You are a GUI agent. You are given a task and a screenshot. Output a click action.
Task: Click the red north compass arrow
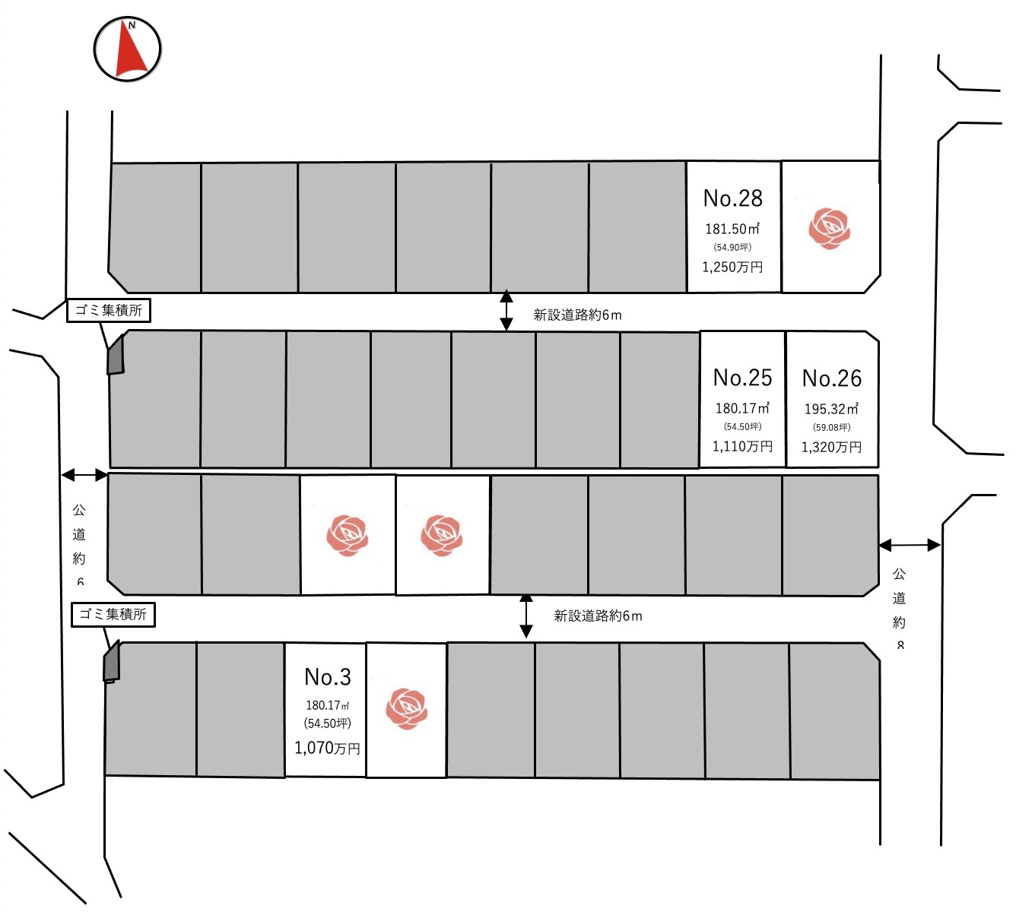[x=130, y=50]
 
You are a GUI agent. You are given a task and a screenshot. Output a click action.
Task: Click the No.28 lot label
[x=732, y=198]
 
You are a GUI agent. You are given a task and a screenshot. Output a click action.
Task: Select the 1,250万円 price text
[x=732, y=267]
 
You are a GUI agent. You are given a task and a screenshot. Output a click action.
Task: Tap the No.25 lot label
[x=742, y=378]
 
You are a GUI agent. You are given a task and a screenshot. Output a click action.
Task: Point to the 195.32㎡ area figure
[x=831, y=409]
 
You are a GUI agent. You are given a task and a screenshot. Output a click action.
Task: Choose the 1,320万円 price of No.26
[x=831, y=447]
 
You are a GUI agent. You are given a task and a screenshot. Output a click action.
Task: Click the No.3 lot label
[x=328, y=677]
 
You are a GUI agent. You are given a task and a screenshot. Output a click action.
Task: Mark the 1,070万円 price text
[x=327, y=748]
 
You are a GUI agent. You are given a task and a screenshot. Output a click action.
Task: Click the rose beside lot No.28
[x=829, y=228]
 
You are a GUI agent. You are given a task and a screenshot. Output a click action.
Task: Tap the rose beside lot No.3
[x=406, y=708]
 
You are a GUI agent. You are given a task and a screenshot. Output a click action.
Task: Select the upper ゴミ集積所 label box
[x=109, y=310]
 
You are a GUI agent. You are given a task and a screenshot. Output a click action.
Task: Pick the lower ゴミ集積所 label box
[x=113, y=614]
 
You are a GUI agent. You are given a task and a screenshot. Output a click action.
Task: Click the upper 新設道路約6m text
[x=577, y=315]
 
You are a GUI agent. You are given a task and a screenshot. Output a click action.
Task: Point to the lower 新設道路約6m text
[x=598, y=616]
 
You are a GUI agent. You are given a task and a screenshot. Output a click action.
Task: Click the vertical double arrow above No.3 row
[x=525, y=616]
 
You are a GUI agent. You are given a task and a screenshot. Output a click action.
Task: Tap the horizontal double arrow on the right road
[x=910, y=545]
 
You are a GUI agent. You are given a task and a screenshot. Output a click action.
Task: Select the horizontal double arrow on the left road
[x=84, y=475]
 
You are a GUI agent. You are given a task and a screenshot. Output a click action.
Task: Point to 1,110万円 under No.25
[x=742, y=446]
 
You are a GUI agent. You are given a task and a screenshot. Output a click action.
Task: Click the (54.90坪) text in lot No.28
[x=732, y=247]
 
